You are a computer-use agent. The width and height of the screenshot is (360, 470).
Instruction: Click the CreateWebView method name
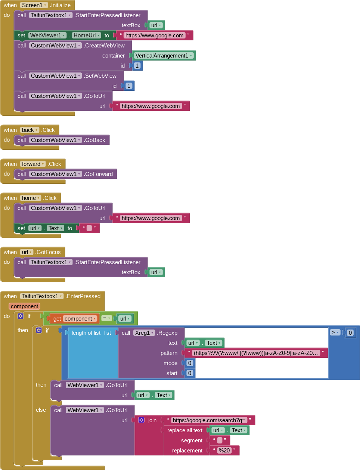point(105,46)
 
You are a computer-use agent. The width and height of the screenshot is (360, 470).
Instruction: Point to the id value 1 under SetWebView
point(129,86)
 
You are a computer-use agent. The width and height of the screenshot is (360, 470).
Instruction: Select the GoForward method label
point(99,174)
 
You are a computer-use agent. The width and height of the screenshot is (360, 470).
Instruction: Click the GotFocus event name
point(49,252)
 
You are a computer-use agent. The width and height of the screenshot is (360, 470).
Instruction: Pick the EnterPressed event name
point(83,296)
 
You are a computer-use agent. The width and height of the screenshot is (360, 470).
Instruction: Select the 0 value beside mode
point(190,363)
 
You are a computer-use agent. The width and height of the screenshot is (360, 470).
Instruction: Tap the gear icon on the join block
point(141,420)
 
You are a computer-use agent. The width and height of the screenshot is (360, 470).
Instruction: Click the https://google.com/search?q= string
point(209,420)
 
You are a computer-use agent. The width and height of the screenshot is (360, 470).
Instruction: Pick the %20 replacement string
point(224,451)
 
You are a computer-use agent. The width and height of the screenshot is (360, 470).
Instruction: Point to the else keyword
point(41,410)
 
